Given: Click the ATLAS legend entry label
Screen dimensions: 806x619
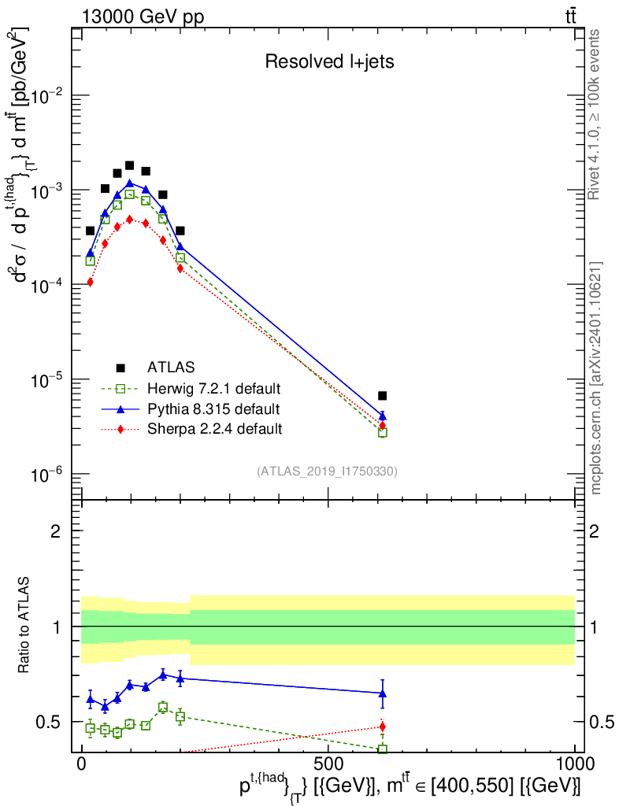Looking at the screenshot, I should point(171,367).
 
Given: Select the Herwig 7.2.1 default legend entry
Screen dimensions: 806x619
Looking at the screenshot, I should point(214,388).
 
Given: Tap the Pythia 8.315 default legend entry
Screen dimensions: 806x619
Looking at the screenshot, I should point(213,409).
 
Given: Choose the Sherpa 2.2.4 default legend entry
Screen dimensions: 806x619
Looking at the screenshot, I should point(214,429).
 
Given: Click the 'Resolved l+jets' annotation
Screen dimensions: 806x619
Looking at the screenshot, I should point(328,62).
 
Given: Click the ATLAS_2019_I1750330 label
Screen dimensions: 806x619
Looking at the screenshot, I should point(327,471).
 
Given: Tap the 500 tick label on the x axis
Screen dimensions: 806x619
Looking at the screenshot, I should point(328,764).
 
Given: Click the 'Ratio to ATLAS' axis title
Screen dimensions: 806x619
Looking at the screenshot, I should point(25,627).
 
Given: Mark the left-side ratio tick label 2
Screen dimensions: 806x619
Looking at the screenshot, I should point(56,531).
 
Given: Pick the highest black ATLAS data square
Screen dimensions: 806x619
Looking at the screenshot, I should point(130,166).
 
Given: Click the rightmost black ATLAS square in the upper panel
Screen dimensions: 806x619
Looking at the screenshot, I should point(382,396).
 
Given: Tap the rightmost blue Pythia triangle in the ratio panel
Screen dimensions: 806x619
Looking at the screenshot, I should point(382,693).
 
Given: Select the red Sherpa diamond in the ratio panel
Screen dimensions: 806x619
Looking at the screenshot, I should point(382,727).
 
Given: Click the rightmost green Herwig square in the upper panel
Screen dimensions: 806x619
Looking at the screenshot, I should point(382,432).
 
